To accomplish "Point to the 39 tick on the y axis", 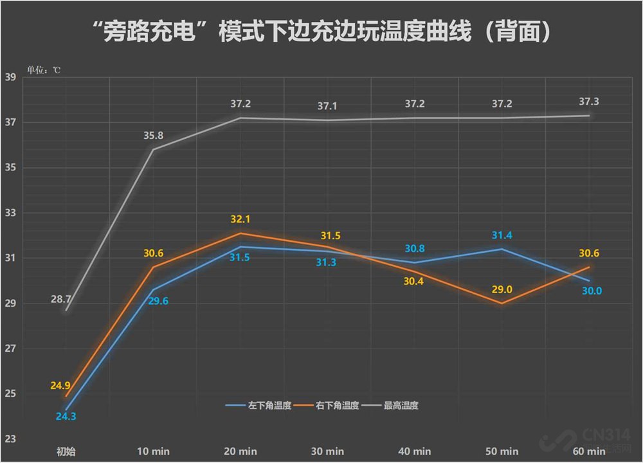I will [x=10, y=77].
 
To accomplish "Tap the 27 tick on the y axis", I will [x=10, y=349].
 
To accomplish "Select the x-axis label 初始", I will [x=66, y=451].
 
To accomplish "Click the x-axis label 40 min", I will [x=414, y=451].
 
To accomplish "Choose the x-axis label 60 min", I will [x=588, y=451].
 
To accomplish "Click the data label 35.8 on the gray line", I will [x=153, y=136].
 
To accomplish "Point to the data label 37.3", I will [x=588, y=102].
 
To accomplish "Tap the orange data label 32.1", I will [x=240, y=219].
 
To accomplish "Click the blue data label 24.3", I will [x=66, y=416].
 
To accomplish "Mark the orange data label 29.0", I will [x=501, y=289].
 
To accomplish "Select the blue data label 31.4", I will [x=501, y=235].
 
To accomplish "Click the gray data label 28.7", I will [x=66, y=300].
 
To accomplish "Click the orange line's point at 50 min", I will [x=502, y=304].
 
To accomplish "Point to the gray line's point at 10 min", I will [x=153, y=149].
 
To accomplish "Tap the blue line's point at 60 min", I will [x=588, y=280].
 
